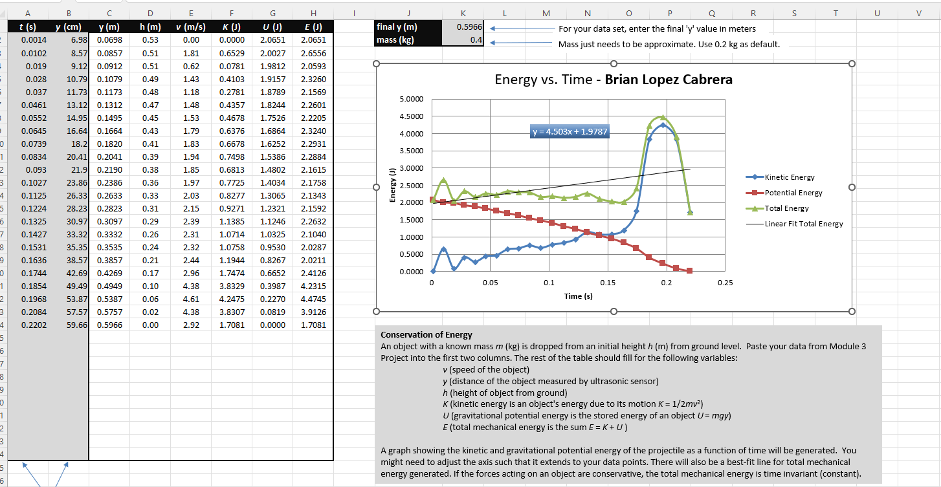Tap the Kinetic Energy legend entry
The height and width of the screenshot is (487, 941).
tap(789, 177)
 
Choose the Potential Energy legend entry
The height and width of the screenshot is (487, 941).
tap(793, 193)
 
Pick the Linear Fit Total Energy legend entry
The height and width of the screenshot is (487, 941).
tap(803, 224)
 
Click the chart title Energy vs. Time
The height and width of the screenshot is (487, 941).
tap(614, 80)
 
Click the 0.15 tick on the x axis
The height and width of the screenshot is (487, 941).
tap(608, 283)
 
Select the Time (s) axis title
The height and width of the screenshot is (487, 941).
tap(578, 296)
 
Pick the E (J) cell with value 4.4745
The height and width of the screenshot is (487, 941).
tap(313, 299)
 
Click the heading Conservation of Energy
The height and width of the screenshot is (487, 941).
tap(426, 335)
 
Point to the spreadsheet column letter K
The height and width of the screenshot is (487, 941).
tap(463, 12)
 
